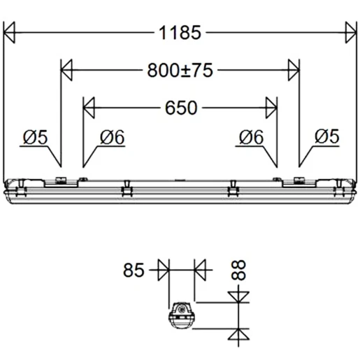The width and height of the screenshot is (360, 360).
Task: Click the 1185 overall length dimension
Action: [x=180, y=31]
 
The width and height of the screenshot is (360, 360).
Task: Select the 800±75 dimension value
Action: [x=180, y=69]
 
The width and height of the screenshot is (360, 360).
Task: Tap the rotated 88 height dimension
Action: [x=241, y=270]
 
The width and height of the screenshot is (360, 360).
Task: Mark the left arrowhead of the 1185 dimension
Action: [x=10, y=31]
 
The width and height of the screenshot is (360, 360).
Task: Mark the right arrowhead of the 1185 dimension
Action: [x=350, y=31]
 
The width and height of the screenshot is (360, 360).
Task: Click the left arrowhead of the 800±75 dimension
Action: [x=67, y=69]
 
